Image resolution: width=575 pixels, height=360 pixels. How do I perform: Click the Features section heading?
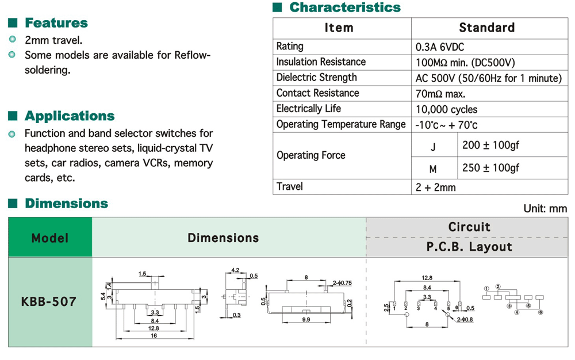pos(56,23)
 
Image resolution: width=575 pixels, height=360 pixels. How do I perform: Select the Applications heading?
pos(70,116)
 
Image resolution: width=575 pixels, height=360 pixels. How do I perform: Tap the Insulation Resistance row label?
pos(321,62)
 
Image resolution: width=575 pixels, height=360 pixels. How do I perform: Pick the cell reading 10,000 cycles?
pos(446,109)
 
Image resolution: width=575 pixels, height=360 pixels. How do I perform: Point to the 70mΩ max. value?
pos(440,94)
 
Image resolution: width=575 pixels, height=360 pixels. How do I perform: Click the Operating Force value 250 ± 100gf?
pos(490,167)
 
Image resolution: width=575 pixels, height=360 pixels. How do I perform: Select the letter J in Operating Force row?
pos(434,147)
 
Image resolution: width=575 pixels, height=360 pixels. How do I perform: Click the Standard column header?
pos(486,28)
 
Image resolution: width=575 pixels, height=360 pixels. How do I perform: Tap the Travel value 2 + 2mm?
pos(435,187)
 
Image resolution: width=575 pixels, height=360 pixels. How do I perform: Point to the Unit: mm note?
pos(545,209)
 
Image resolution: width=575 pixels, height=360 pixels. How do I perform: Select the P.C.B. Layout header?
pos(469,247)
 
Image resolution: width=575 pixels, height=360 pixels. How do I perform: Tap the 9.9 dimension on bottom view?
pos(305,319)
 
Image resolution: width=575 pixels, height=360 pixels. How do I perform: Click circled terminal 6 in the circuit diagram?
pos(540,312)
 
